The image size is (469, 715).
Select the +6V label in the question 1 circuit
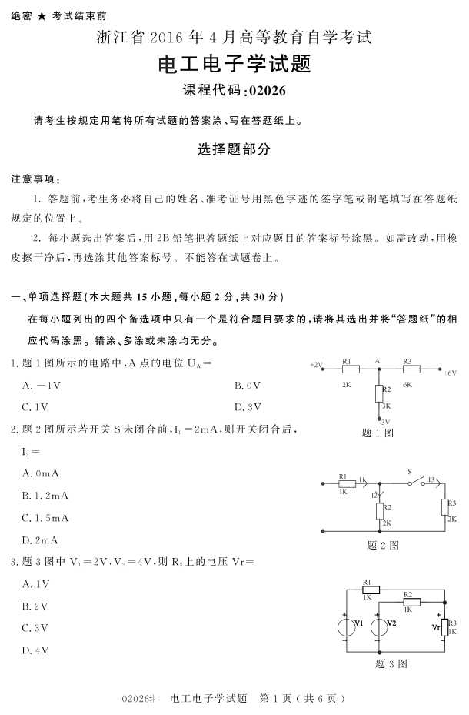450,373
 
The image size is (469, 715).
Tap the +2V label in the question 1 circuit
316,364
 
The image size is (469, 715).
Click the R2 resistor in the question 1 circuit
378,394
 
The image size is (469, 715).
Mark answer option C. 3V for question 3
36,628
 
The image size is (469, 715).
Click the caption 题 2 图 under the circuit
383,545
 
